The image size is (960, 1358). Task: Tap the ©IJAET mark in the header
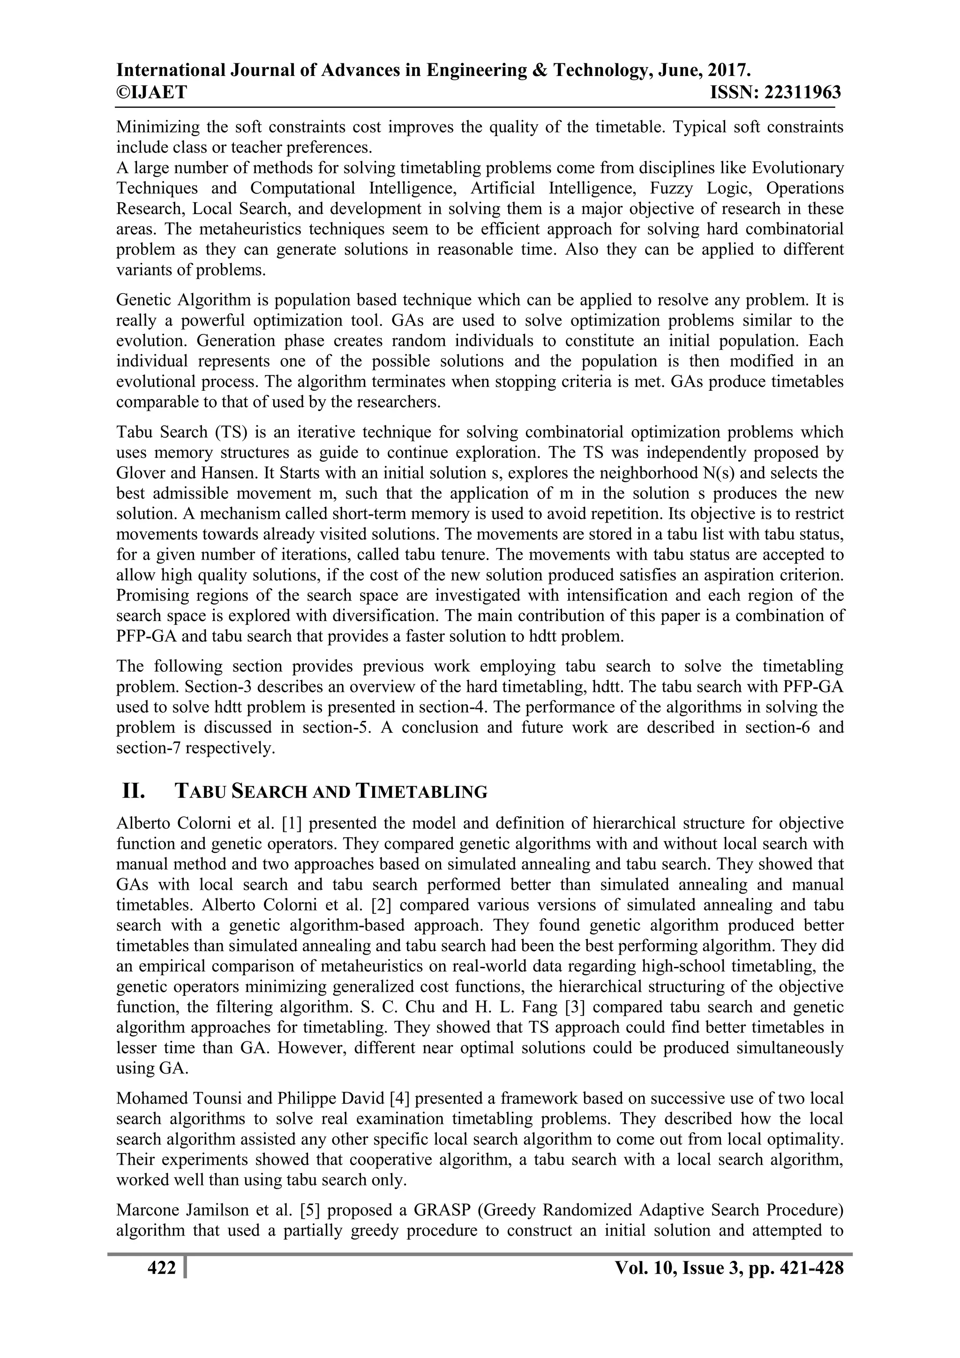(152, 93)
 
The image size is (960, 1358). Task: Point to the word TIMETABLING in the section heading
(422, 791)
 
